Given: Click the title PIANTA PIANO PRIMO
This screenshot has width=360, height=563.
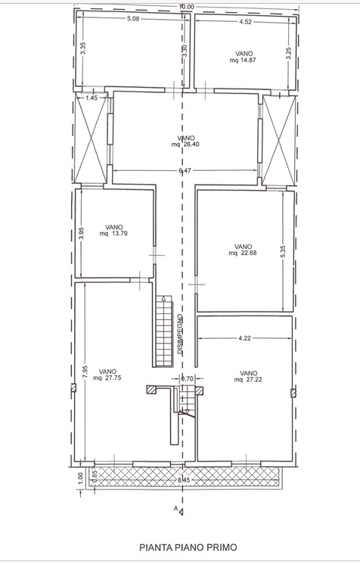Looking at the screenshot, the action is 188,547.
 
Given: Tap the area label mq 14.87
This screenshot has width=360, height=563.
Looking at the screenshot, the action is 243,61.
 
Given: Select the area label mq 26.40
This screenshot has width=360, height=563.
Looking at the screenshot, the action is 185,145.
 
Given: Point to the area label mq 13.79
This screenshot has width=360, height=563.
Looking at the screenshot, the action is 113,233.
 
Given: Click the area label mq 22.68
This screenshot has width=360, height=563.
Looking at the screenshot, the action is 243,253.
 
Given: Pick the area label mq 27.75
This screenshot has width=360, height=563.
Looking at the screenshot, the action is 107,378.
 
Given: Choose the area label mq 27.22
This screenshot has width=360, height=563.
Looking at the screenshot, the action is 248,380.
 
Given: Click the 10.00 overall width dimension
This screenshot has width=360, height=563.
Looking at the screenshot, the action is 187,7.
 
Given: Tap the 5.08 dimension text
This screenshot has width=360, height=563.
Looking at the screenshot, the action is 133,19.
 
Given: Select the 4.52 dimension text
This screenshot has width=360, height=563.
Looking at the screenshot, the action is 245,21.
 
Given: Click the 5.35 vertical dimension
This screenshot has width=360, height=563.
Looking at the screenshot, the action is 283,251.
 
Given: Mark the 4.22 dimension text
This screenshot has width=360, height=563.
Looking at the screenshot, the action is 244,337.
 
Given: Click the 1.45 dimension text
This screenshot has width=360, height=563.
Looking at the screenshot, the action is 92,98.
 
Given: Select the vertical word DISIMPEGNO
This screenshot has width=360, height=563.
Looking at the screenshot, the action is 180,334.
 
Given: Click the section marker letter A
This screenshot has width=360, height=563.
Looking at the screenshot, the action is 176,508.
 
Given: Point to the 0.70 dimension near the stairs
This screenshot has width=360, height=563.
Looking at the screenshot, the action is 187,378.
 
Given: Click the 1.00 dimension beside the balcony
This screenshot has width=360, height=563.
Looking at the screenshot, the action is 80,477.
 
